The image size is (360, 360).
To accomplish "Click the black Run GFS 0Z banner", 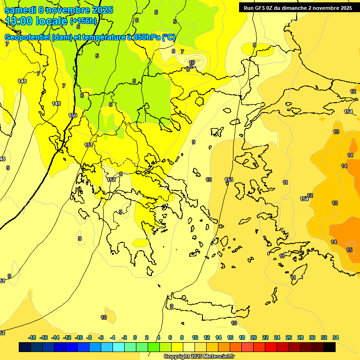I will pyautogui.click(x=296, y=7).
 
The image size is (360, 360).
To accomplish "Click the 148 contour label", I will pyautogui.click(x=22, y=81).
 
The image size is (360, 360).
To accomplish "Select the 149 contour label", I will pyautogui.click(x=56, y=104).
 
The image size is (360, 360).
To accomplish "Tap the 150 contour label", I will pyautogui.click(x=73, y=115).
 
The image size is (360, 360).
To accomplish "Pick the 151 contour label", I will pyautogui.click(x=89, y=145).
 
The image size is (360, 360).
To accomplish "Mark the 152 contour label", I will pyautogui.click(x=111, y=180).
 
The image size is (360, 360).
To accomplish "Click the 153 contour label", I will pyautogui.click(x=229, y=180).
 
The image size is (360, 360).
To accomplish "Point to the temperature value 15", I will pyautogui.click(x=349, y=250).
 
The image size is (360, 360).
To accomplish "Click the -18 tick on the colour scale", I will pyautogui.click(x=32, y=337).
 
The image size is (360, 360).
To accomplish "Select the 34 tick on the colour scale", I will pyautogui.click(x=336, y=337).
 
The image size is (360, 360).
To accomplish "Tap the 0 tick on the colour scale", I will pyautogui.click(x=135, y=337).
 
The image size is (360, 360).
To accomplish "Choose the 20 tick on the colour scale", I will pyautogui.click(x=254, y=337).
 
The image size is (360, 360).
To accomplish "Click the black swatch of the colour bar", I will pyautogui.click(x=330, y=347).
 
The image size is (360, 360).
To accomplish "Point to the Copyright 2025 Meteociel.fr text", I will pyautogui.click(x=199, y=356).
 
